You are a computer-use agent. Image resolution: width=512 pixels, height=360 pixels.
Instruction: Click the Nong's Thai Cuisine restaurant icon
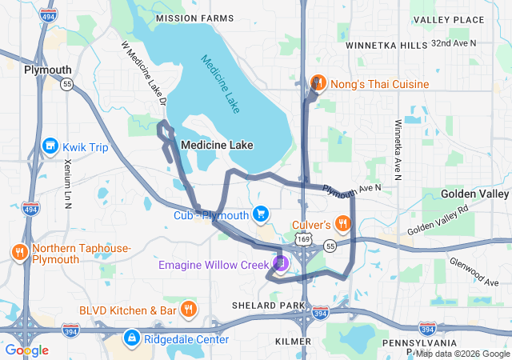318,84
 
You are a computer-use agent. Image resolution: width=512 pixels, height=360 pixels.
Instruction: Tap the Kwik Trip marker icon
50,146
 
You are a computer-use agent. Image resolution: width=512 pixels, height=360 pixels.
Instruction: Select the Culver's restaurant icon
342,224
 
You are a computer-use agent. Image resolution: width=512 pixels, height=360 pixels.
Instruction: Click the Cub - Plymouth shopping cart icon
260,214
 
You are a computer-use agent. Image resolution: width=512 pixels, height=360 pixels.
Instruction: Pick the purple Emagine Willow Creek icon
280,262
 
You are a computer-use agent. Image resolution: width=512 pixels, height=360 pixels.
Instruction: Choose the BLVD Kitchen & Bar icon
189,310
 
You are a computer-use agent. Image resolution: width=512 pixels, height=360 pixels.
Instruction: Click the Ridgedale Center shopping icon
131,339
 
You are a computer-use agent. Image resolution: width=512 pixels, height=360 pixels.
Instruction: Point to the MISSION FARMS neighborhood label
195,18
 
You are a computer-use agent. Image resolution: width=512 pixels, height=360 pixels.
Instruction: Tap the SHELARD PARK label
269,306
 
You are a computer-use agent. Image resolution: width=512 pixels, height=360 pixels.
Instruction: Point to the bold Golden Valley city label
476,194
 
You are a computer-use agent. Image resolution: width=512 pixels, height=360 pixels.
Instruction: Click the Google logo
27,350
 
